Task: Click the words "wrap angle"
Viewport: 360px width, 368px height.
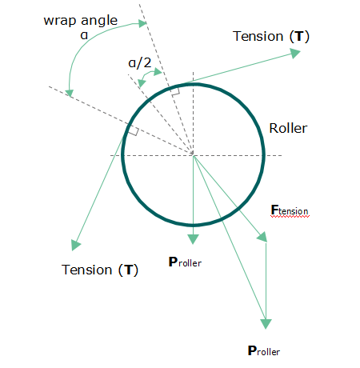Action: (81, 21)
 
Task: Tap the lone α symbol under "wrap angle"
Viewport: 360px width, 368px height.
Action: (84, 35)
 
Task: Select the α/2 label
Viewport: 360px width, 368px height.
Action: (140, 63)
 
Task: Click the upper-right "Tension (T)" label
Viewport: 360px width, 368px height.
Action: (271, 36)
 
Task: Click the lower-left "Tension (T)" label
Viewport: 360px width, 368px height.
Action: (100, 270)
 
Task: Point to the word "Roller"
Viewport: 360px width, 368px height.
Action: (288, 128)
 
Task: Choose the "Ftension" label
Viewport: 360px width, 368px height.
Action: (290, 210)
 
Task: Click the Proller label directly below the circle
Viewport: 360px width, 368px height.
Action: (185, 262)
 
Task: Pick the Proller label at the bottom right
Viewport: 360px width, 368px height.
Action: (264, 350)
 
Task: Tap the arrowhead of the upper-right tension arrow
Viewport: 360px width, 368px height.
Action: (295, 53)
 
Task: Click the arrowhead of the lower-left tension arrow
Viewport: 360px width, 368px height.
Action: (75, 245)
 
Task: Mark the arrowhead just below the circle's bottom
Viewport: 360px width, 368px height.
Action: (193, 239)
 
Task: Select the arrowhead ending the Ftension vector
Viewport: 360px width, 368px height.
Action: (262, 238)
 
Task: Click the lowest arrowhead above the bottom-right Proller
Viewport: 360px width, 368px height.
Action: (266, 324)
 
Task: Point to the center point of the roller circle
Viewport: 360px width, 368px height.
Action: (193, 155)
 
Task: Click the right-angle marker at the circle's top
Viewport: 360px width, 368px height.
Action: (175, 91)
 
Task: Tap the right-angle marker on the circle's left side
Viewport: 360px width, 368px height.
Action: (134, 131)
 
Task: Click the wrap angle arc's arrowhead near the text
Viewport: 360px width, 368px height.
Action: (142, 23)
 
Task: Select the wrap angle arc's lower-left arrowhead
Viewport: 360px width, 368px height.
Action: (70, 93)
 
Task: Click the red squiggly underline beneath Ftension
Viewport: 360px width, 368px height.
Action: (290, 217)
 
